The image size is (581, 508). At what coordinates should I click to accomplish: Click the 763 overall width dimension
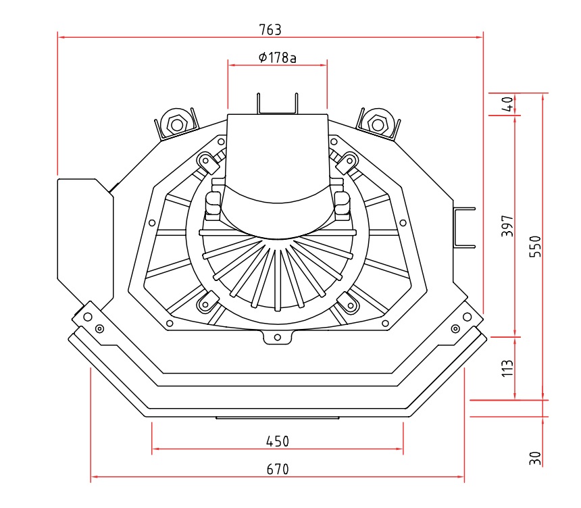[x=270, y=30]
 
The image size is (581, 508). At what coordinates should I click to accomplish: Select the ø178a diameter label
[x=277, y=57]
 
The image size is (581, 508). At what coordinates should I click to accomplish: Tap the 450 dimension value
[x=277, y=441]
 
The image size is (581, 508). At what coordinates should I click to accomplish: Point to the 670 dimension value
[x=277, y=469]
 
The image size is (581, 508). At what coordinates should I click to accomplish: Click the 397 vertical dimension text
[x=508, y=226]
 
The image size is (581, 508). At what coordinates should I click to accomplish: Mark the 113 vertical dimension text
[x=508, y=367]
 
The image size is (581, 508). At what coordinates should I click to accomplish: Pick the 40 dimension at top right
[x=508, y=104]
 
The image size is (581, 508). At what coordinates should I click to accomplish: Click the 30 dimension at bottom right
[x=535, y=458]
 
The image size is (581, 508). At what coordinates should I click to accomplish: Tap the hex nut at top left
[x=177, y=124]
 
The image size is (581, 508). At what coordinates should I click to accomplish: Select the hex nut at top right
[x=377, y=124]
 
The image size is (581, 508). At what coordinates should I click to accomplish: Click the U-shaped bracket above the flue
[x=277, y=105]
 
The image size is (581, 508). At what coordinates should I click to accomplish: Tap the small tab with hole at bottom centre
[x=277, y=337]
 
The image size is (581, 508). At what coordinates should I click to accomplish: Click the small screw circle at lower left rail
[x=99, y=328]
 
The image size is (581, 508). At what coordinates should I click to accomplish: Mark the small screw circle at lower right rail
[x=455, y=328]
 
